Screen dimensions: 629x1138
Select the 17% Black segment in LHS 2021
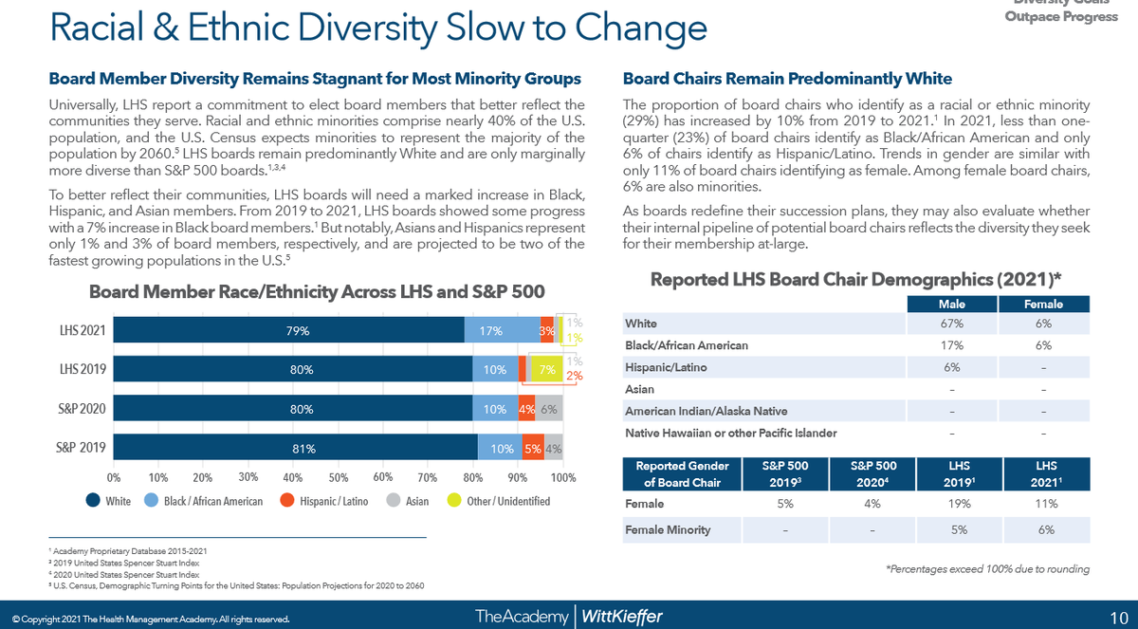tap(490, 330)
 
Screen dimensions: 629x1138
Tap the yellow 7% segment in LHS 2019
tap(545, 370)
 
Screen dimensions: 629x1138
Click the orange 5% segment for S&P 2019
tap(532, 449)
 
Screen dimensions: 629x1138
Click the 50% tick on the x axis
tap(339, 476)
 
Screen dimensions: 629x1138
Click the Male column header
tap(951, 304)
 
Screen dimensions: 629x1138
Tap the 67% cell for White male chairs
tap(951, 324)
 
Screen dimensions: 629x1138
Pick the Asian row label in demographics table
tap(640, 389)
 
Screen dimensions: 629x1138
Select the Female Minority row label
tap(667, 530)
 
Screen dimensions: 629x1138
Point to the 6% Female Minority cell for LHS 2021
tap(1046, 530)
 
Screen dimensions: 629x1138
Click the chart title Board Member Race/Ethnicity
tap(317, 291)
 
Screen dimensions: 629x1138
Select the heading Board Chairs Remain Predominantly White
tap(787, 79)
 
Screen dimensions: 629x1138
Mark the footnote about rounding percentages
tap(987, 568)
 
